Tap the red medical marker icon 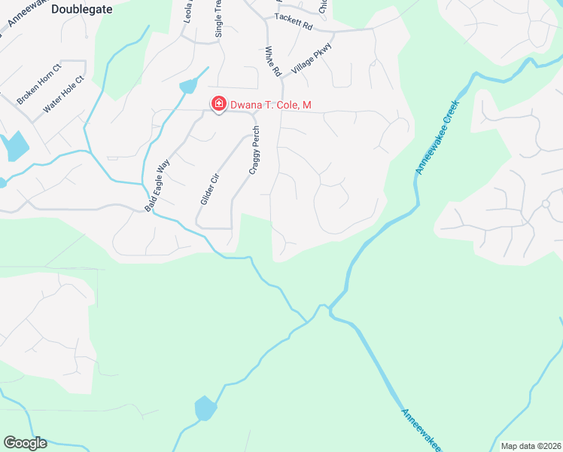[218, 104]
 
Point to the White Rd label [272, 62]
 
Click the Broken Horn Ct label [38, 84]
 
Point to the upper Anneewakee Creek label [440, 135]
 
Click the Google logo [25, 443]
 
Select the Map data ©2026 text [531, 446]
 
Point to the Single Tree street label [219, 18]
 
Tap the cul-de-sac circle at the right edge [546, 203]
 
